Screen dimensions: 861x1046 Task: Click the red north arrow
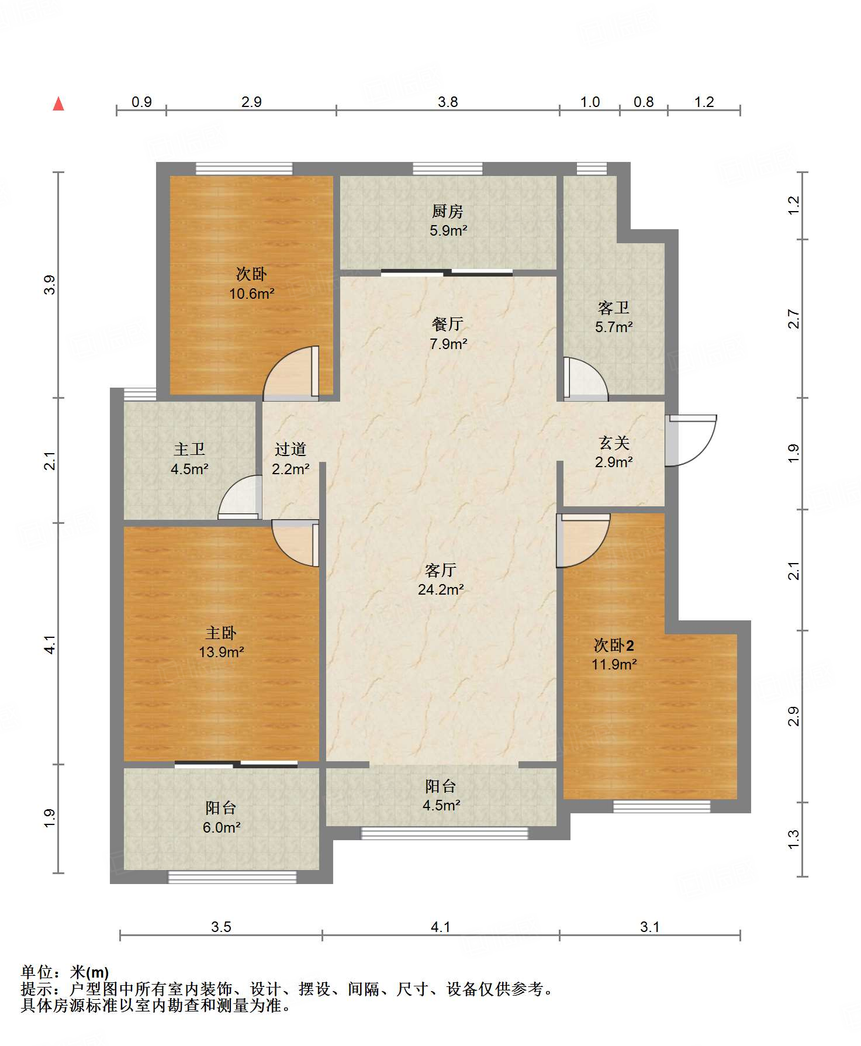pos(58,103)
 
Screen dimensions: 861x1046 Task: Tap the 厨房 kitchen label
pos(448,211)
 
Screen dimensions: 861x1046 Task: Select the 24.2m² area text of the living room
pos(441,589)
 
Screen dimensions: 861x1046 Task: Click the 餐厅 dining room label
pos(448,324)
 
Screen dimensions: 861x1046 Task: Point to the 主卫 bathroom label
pos(189,449)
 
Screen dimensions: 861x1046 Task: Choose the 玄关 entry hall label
pos(614,443)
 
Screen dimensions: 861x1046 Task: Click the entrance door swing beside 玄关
pos(691,440)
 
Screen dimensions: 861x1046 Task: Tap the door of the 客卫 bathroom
pos(585,379)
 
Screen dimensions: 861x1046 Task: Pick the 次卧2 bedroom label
pos(614,645)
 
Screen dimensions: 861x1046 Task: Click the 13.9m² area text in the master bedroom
pos(221,652)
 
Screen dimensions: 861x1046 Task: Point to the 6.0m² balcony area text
pos(222,827)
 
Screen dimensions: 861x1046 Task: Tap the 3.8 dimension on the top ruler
pos(448,102)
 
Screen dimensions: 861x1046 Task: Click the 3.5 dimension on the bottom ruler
pos(221,927)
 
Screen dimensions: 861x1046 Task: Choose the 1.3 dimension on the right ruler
pos(793,840)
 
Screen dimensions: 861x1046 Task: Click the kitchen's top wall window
pos(448,169)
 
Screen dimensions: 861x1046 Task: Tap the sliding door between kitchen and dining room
pos(447,272)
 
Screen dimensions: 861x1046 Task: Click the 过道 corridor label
pos(291,449)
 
